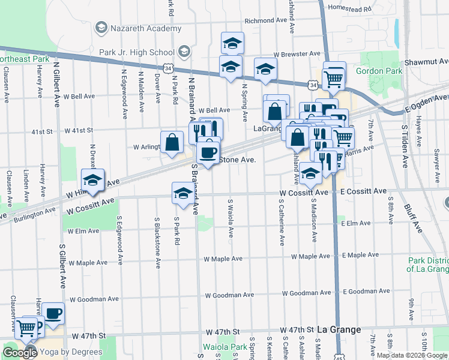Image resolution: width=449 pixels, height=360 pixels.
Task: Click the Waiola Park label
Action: point(224,347)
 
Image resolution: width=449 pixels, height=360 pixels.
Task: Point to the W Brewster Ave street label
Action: point(297,54)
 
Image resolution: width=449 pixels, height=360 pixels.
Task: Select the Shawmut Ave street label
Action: point(427,62)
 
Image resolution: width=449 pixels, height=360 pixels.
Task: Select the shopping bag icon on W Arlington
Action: point(172,143)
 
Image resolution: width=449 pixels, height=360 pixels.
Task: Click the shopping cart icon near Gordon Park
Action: point(334,76)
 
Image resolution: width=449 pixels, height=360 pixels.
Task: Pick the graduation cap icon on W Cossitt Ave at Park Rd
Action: point(183,193)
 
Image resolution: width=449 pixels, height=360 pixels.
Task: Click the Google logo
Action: point(19,353)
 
